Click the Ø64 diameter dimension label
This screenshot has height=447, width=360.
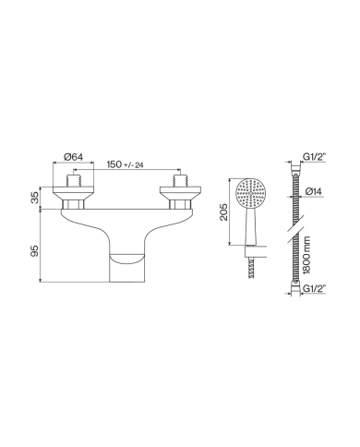(x=74, y=157)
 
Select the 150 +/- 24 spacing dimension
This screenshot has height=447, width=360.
(x=126, y=164)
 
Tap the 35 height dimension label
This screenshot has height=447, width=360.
(x=36, y=198)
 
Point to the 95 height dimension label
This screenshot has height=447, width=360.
(x=36, y=251)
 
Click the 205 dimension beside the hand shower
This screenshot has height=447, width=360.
(x=224, y=211)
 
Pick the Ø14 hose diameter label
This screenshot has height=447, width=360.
(x=313, y=192)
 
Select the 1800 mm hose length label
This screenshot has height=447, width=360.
(x=306, y=255)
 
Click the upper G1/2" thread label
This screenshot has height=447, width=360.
(x=315, y=157)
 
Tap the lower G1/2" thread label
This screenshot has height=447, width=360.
(x=315, y=289)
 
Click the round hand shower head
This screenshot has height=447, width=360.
(x=252, y=194)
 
